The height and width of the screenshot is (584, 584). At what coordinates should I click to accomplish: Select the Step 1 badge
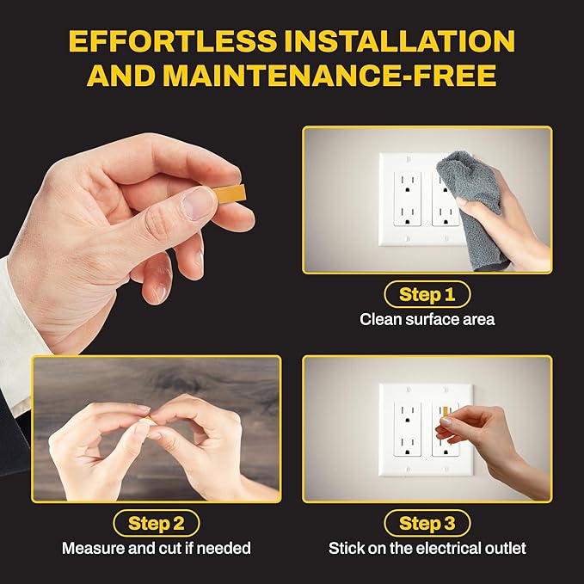427,295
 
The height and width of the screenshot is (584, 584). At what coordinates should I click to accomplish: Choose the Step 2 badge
156,522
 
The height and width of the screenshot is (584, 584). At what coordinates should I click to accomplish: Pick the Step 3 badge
427,522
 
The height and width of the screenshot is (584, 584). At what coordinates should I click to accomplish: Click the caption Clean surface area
427,319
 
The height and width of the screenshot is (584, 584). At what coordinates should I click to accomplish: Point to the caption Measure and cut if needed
156,547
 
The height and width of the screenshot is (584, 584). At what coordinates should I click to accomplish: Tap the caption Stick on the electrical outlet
427,547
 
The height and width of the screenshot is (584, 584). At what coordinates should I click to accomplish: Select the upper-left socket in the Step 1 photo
405,185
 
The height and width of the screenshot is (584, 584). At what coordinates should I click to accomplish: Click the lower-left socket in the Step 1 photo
405,213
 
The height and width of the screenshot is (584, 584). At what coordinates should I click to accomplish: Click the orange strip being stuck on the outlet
445,415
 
